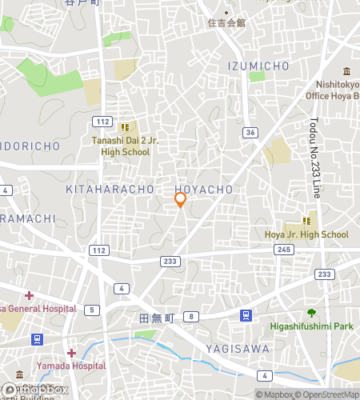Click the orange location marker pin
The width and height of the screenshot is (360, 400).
(180, 200)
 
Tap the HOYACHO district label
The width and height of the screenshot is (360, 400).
(203, 190)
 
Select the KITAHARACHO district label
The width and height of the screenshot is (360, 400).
(110, 190)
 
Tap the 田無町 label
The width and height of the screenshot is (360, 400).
(156, 318)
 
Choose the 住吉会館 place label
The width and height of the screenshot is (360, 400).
(226, 22)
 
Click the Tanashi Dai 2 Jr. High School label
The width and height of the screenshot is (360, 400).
(125, 146)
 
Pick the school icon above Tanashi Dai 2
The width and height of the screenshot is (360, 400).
(125, 126)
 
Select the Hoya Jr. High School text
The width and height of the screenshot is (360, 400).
(307, 234)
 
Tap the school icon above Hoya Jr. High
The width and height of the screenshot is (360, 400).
(306, 220)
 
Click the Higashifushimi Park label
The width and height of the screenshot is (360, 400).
(311, 326)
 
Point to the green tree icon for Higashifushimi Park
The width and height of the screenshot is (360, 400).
(311, 313)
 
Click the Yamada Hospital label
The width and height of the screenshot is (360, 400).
(71, 366)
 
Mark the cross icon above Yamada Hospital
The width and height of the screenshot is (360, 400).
(71, 353)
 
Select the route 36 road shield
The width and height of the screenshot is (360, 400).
(250, 132)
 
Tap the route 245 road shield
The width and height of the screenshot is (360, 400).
(284, 250)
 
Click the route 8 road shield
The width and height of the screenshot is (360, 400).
(192, 317)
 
